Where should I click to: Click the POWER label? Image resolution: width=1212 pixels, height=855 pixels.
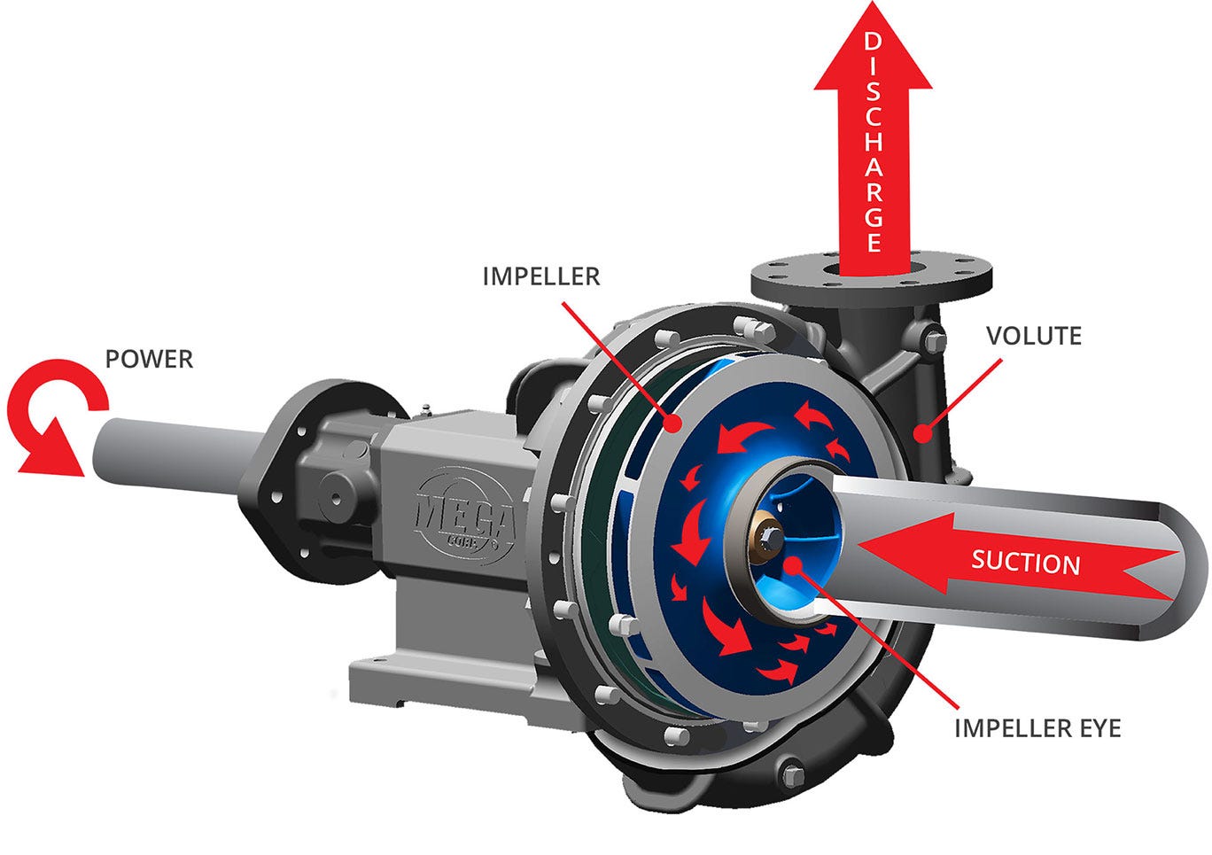click(149, 359)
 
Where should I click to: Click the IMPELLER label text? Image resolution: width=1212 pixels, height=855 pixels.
click(540, 276)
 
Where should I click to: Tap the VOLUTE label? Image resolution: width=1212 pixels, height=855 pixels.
click(1034, 336)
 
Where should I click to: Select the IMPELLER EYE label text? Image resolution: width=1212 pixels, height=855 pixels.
click(1037, 728)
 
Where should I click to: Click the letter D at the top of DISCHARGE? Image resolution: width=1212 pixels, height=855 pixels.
click(873, 42)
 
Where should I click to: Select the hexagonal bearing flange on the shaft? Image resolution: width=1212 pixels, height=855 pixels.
click(292, 478)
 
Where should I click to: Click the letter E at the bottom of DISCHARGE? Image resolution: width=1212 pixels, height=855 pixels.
click(874, 242)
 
